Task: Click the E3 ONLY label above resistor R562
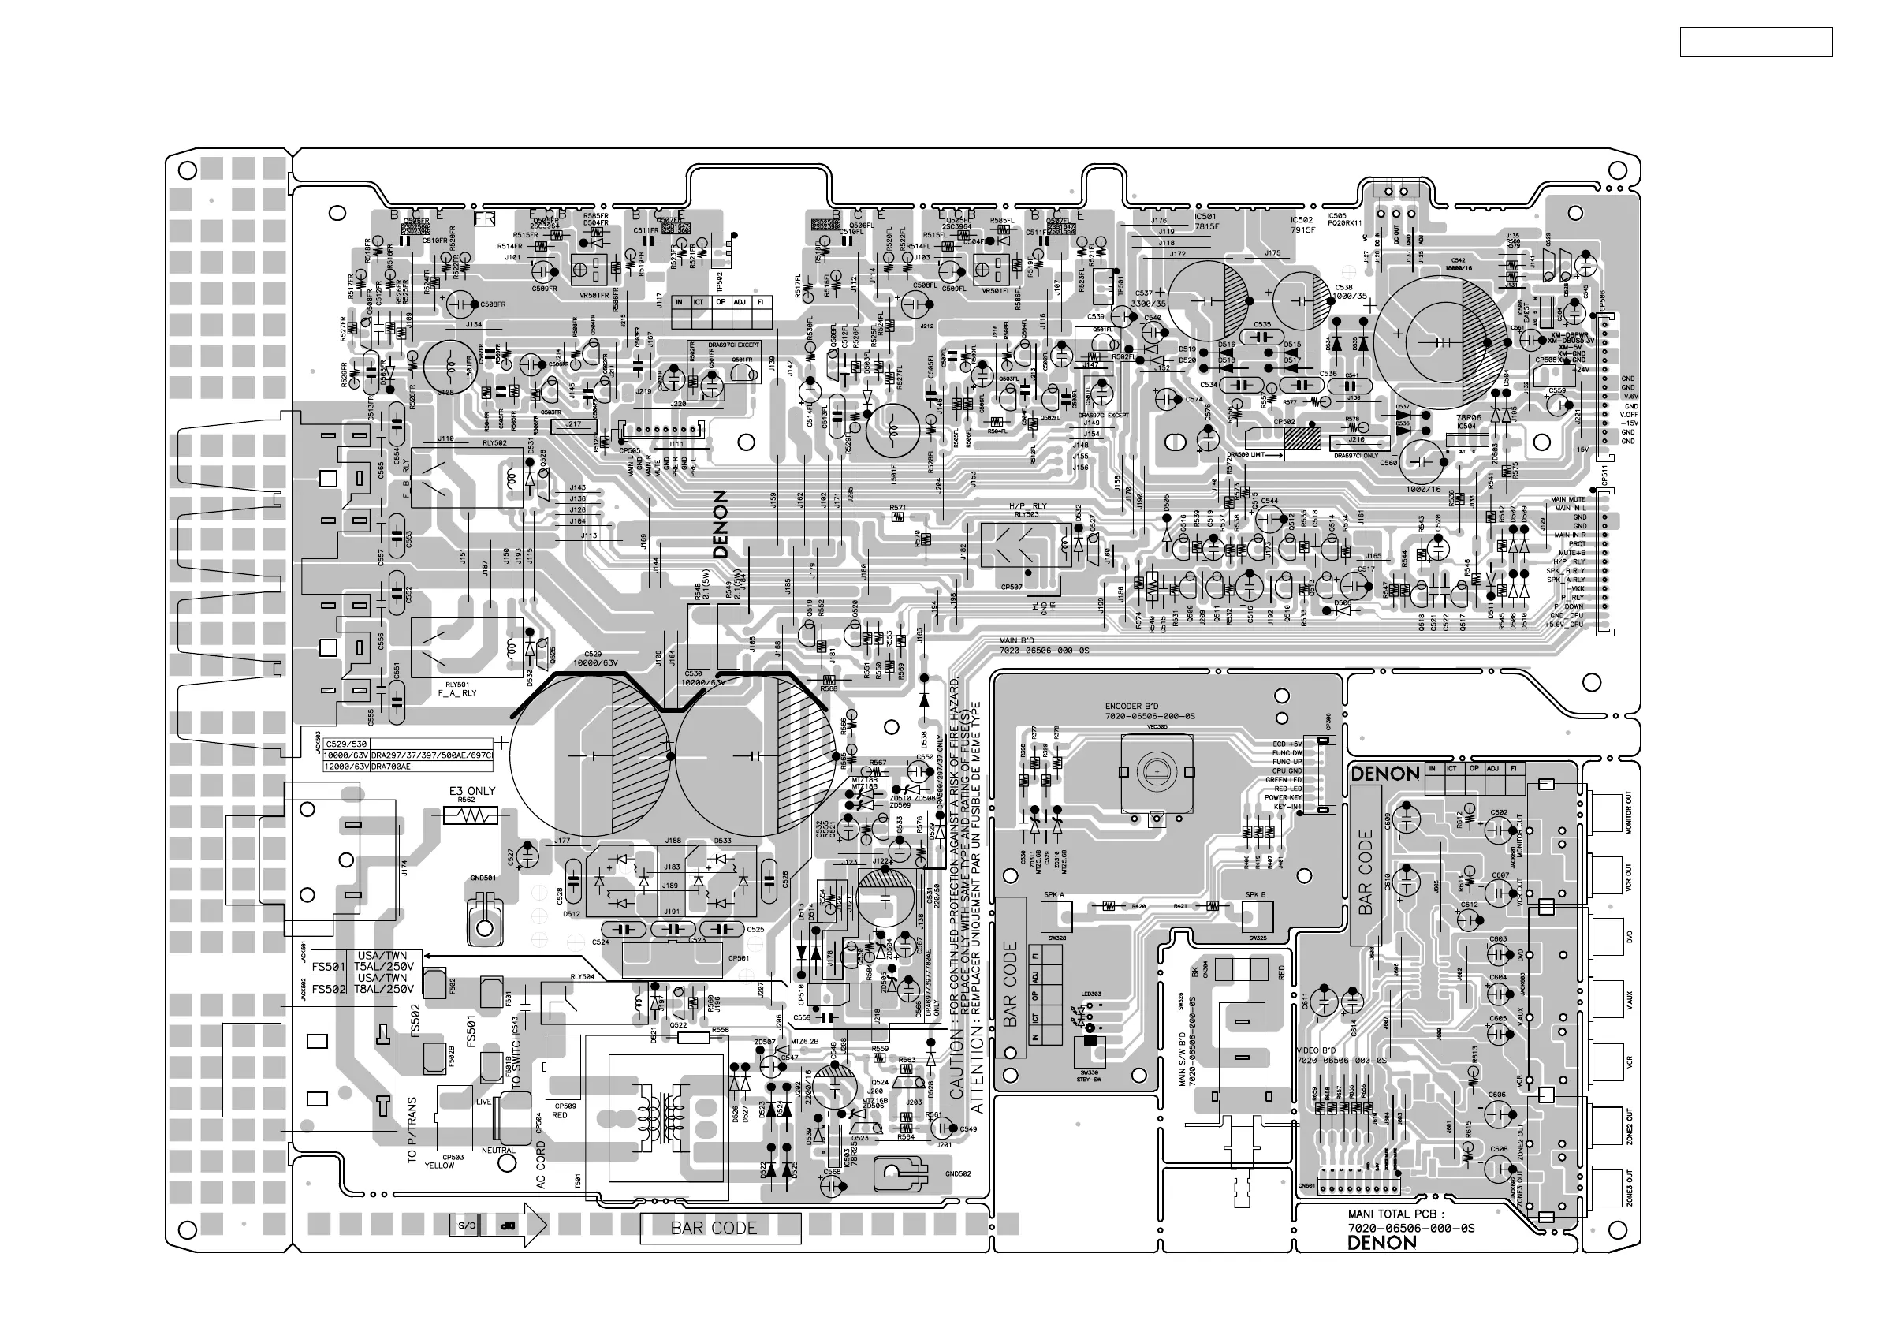coord(472,791)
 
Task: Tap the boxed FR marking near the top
coord(485,218)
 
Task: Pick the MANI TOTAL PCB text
coord(1402,1215)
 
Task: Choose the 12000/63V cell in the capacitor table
coord(343,766)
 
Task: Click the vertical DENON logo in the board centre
coord(720,524)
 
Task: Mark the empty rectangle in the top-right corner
coord(1755,42)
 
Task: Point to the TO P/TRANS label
coord(412,1130)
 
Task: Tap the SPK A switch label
coord(1053,895)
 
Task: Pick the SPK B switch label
coord(1255,895)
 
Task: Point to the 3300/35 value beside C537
coord(1147,304)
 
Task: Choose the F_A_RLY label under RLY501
coord(456,693)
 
